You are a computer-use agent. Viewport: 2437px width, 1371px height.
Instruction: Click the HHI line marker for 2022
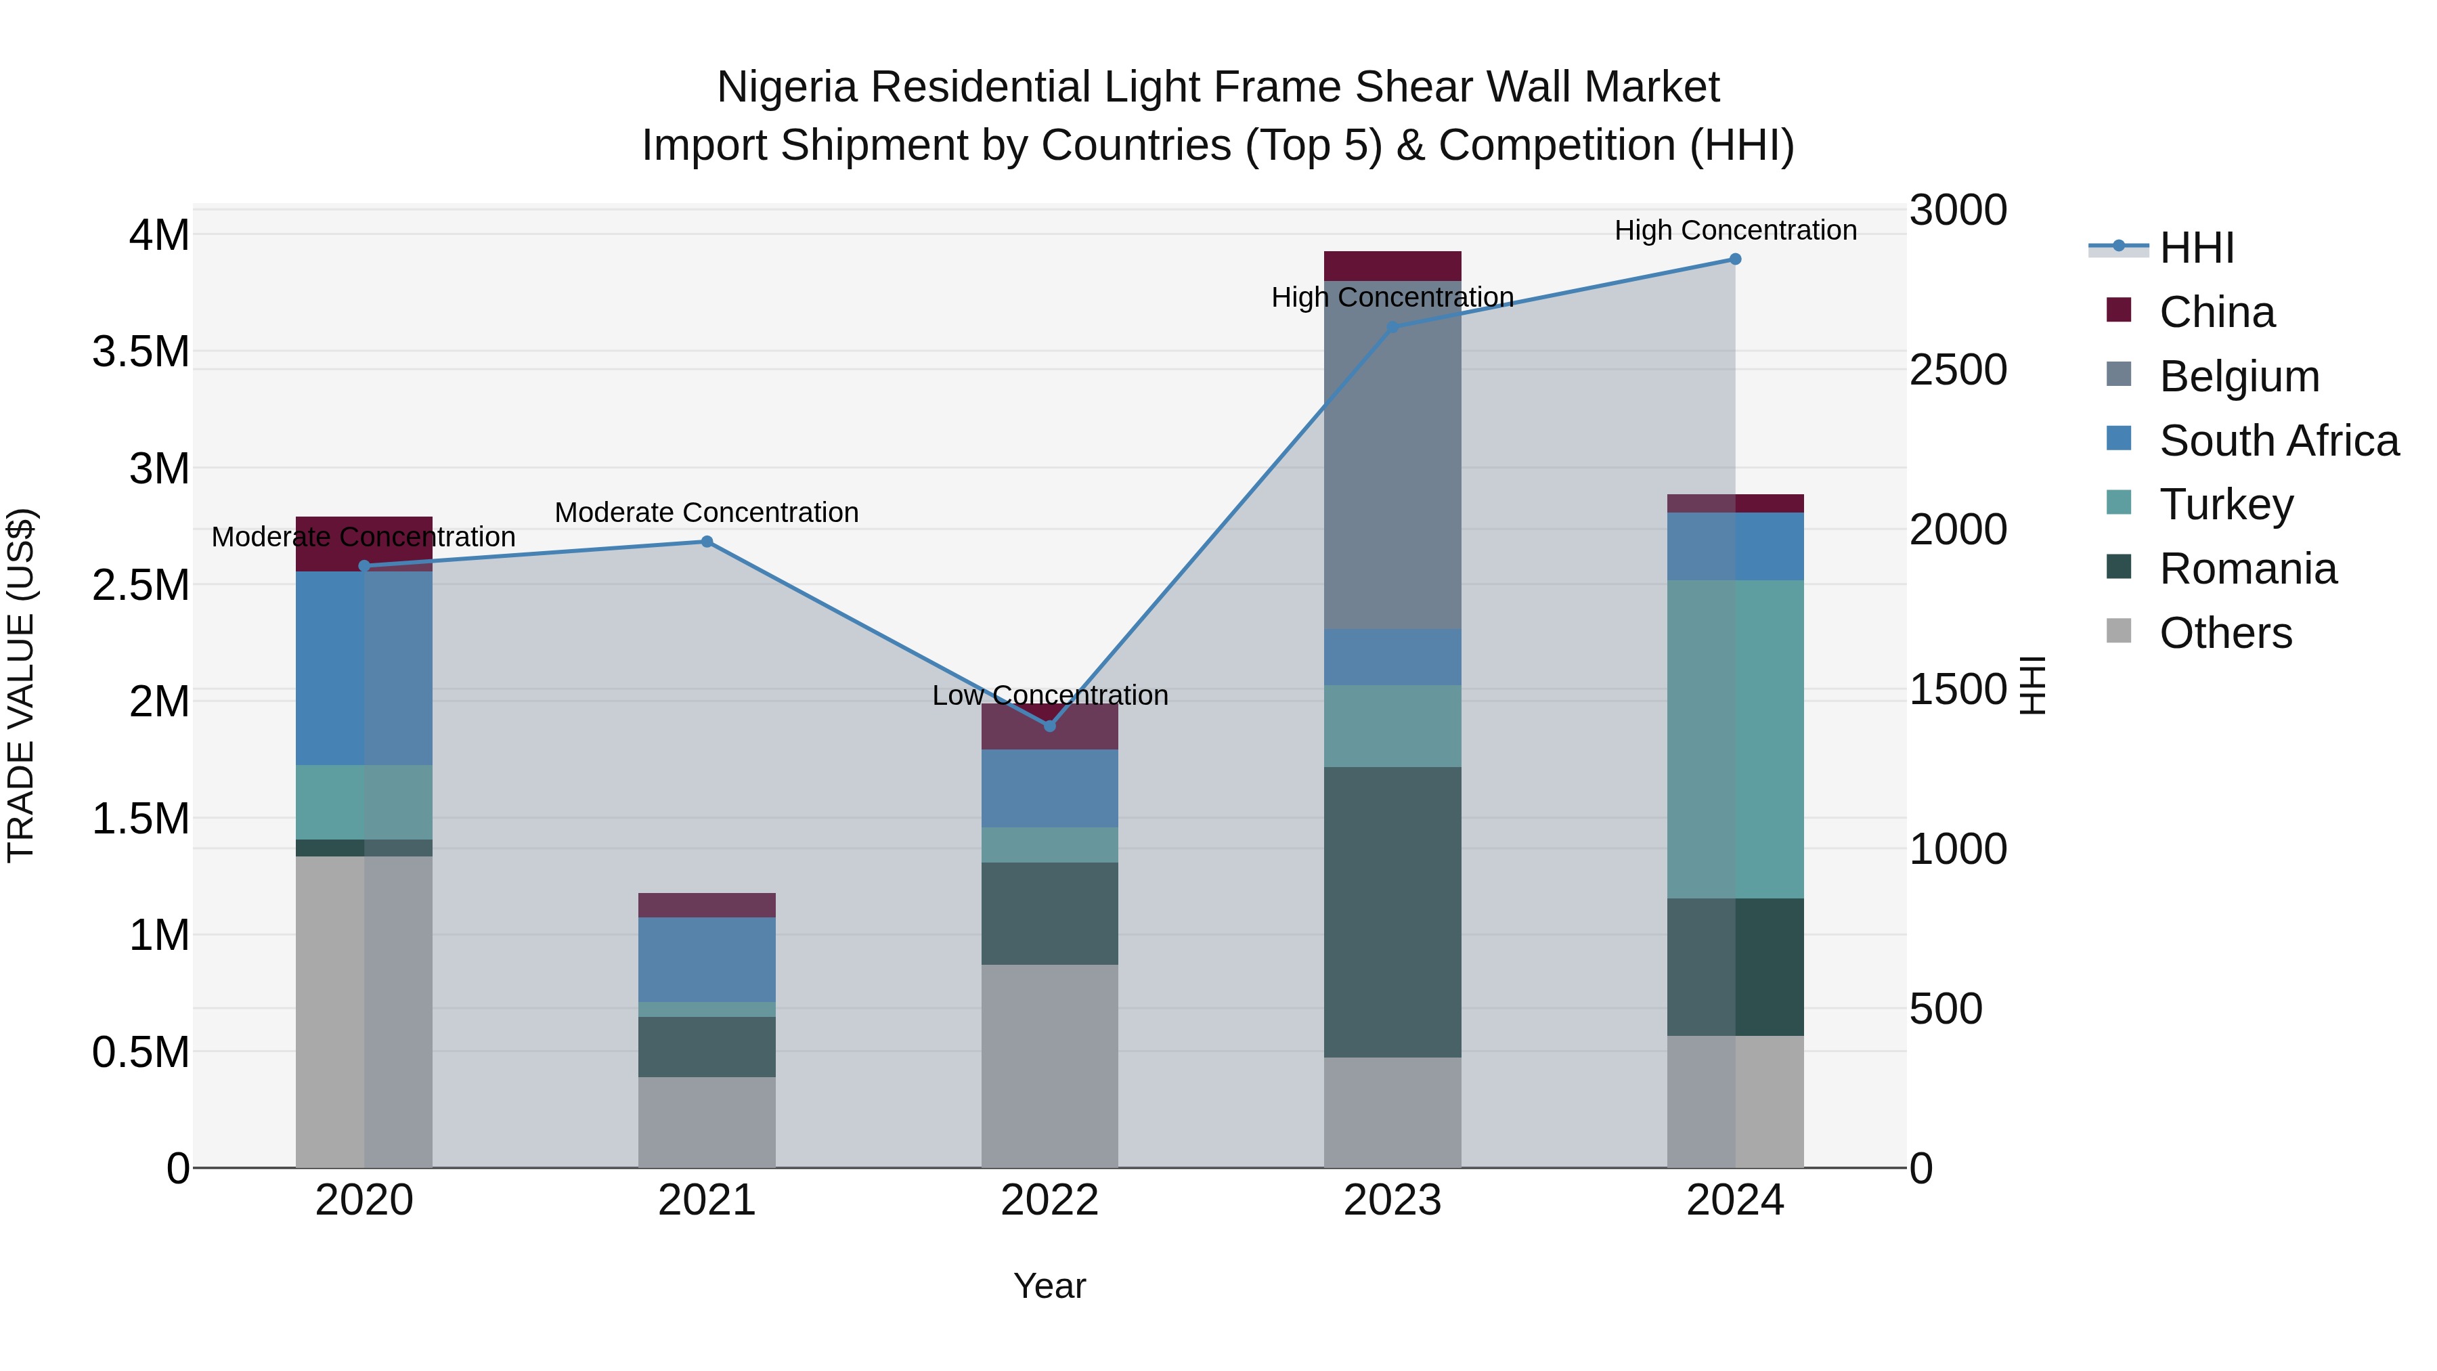click(x=1049, y=726)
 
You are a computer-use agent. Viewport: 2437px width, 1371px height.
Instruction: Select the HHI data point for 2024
click(x=1735, y=259)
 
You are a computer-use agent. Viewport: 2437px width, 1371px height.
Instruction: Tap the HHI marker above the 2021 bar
click(x=707, y=541)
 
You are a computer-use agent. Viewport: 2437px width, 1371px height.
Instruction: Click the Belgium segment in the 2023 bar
click(x=1392, y=454)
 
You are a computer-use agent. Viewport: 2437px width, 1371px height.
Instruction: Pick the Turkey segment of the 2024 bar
click(x=1735, y=738)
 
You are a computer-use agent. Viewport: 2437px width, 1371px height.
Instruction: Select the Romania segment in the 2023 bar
click(x=1392, y=911)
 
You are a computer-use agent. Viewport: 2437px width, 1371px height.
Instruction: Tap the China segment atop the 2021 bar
click(x=707, y=905)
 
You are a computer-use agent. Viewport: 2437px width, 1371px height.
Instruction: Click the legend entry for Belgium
click(x=2239, y=376)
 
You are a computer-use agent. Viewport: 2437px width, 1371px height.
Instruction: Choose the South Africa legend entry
click(x=2278, y=441)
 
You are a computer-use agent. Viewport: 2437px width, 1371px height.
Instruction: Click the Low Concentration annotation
click(x=1049, y=695)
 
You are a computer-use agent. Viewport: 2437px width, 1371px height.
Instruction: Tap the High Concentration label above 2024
click(x=1735, y=230)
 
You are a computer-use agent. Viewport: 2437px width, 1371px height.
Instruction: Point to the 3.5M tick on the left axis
click(x=140, y=352)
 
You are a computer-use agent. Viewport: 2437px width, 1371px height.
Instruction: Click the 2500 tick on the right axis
click(x=1957, y=370)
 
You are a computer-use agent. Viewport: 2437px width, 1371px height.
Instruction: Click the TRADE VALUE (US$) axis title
click(x=22, y=685)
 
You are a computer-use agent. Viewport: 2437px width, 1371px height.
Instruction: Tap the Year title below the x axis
click(x=1049, y=1286)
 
